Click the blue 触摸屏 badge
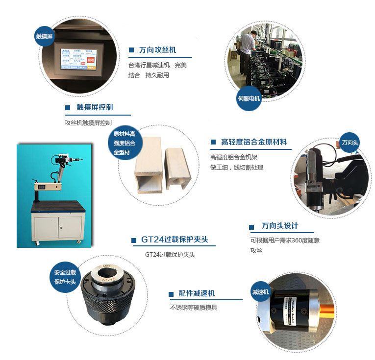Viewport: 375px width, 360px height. [x=44, y=37]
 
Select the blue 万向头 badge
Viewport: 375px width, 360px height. [x=350, y=143]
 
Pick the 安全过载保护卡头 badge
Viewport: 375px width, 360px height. [x=65, y=277]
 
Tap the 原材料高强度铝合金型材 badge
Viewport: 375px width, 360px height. [x=127, y=143]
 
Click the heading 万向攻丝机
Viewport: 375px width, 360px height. [x=157, y=50]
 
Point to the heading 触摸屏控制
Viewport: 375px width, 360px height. [x=95, y=107]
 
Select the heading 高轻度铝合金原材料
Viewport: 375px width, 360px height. [x=254, y=142]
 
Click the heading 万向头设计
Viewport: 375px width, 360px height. [x=280, y=226]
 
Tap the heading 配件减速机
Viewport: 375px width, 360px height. [x=197, y=293]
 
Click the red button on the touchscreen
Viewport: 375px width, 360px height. [x=90, y=60]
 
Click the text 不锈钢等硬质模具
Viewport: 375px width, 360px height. [x=193, y=308]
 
